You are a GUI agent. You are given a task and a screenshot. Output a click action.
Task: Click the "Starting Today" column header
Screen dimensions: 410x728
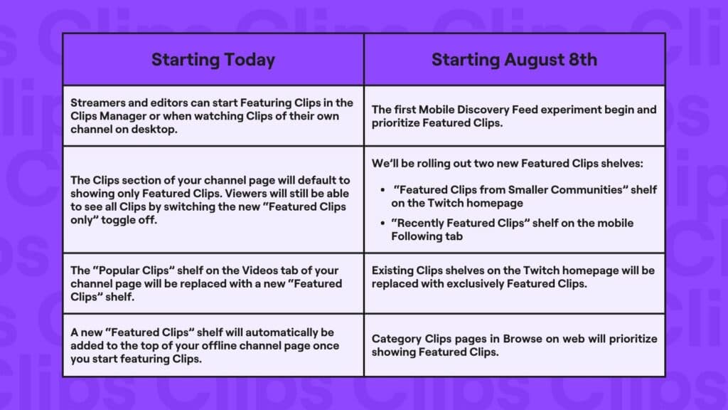[213, 60]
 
